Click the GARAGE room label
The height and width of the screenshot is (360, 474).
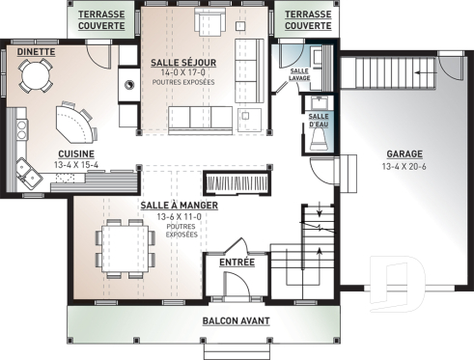click(404, 153)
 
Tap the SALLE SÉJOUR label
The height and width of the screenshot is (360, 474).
click(182, 62)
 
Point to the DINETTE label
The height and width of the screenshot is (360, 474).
click(36, 52)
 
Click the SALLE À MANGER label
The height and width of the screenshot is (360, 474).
click(179, 206)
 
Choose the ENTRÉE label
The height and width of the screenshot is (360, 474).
click(237, 262)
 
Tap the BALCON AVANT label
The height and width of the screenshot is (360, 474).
click(236, 320)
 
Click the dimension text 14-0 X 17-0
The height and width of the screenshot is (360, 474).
click(182, 72)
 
